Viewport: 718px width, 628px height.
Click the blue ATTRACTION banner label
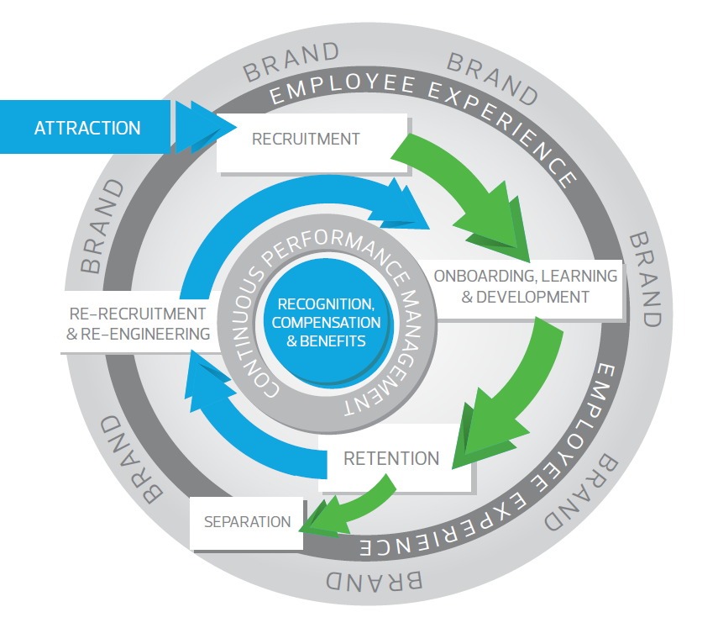coord(87,129)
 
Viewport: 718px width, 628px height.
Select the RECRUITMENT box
coord(306,139)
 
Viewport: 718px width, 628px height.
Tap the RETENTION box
coord(390,459)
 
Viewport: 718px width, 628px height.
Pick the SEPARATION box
coord(247,522)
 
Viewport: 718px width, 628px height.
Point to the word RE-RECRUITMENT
coord(137,314)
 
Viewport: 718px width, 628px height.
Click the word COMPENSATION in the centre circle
coord(326,323)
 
